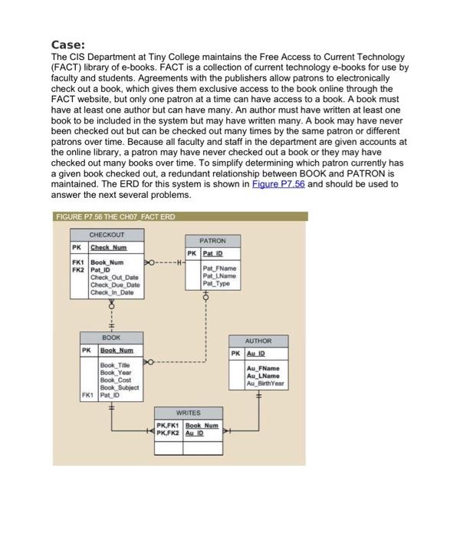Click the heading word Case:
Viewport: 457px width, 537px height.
70,44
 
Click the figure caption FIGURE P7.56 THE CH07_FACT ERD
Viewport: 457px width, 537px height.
115,217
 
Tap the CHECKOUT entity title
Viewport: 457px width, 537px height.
107,235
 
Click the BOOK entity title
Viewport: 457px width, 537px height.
110,338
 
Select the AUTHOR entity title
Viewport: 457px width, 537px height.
258,341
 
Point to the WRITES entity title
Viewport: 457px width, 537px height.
188,412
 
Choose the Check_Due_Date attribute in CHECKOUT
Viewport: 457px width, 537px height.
114,285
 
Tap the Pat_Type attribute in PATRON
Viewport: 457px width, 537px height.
217,284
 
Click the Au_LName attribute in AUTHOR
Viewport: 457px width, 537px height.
262,375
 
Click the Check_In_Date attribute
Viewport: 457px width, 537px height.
113,292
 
